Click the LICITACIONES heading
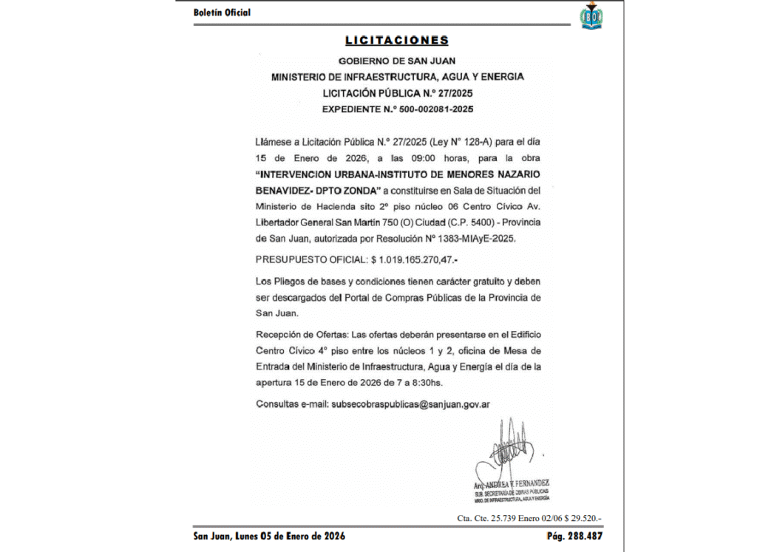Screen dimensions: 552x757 point(396,41)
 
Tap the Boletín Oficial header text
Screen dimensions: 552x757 point(222,13)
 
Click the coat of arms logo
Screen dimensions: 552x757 point(591,16)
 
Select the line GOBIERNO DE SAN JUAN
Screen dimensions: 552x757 point(397,61)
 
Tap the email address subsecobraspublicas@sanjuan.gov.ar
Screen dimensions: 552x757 point(412,404)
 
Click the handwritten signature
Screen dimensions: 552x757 point(510,451)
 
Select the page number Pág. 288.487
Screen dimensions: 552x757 point(574,536)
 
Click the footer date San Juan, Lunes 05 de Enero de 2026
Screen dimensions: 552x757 point(269,536)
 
